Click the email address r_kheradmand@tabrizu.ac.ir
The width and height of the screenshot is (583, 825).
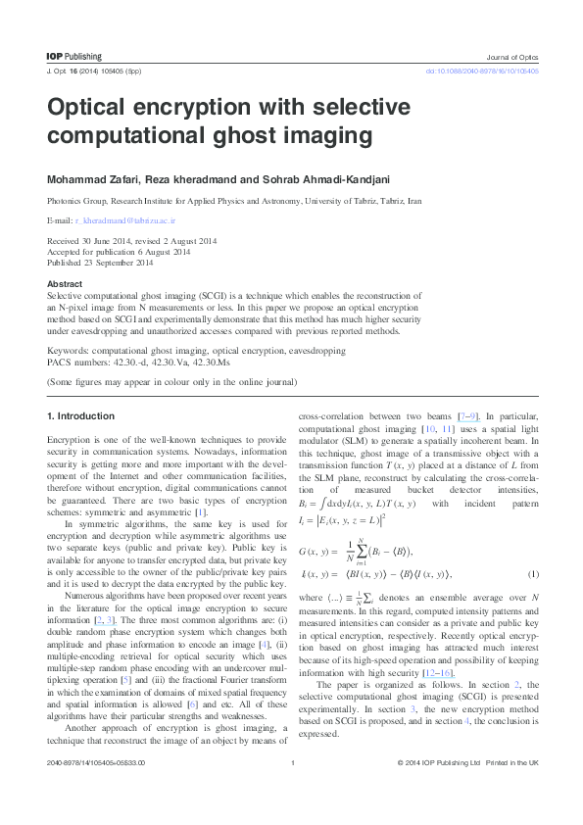click(119, 222)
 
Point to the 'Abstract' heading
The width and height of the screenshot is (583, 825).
click(65, 284)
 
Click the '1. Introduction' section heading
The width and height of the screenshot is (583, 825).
click(80, 416)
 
